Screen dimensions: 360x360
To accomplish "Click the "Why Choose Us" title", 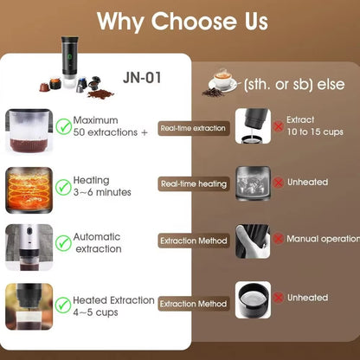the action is [183, 22].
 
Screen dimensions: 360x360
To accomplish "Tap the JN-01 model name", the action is [142, 78].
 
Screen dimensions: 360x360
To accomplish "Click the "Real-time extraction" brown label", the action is [194, 128].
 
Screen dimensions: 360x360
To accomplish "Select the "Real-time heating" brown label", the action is [194, 184].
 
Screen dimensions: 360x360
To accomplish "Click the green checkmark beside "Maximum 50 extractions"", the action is [63, 126].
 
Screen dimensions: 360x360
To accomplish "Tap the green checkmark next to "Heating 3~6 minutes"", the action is [63, 187].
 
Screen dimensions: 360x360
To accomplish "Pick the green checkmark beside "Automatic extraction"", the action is [63, 243].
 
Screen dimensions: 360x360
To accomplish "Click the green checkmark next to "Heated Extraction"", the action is [63, 305].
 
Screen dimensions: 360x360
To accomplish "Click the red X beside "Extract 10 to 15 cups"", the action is [278, 126].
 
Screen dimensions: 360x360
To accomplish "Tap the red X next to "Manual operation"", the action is [278, 239].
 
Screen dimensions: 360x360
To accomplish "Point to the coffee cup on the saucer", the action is [222, 80].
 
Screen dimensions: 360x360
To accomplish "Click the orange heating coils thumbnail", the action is [29, 190].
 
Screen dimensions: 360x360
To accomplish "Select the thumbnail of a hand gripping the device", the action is [253, 241].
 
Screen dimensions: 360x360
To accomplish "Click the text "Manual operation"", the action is [323, 239].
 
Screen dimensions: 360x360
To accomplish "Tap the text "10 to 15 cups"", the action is [315, 132].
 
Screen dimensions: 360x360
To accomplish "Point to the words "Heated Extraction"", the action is [113, 300].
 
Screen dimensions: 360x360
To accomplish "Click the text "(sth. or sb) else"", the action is [294, 85].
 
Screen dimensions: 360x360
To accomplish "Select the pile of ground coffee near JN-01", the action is [100, 93].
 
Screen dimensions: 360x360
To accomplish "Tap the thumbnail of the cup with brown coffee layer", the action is [29, 132].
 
